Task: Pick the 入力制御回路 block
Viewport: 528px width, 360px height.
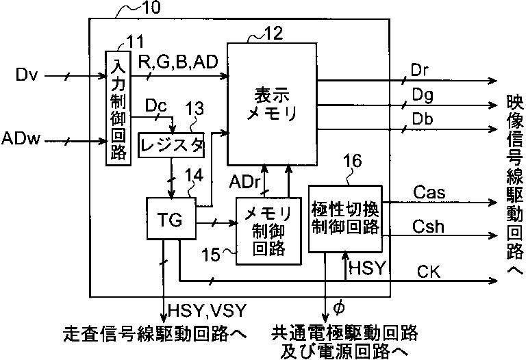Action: tap(118, 107)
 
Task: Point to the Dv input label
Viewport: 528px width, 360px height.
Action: tap(27, 75)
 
